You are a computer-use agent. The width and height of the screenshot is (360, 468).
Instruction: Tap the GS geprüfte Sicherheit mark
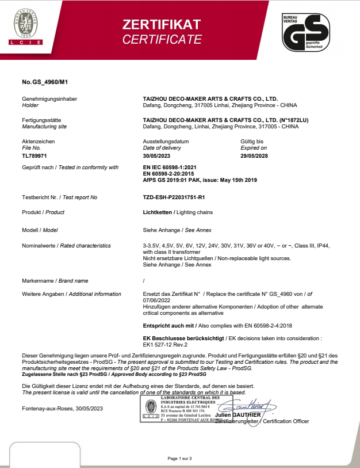(x=305, y=32)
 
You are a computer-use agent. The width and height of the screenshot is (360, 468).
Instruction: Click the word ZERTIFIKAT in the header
(x=162, y=24)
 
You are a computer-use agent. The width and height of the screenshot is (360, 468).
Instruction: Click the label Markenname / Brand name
(x=55, y=280)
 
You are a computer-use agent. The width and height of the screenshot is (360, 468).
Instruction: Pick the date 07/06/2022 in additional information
(x=156, y=300)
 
